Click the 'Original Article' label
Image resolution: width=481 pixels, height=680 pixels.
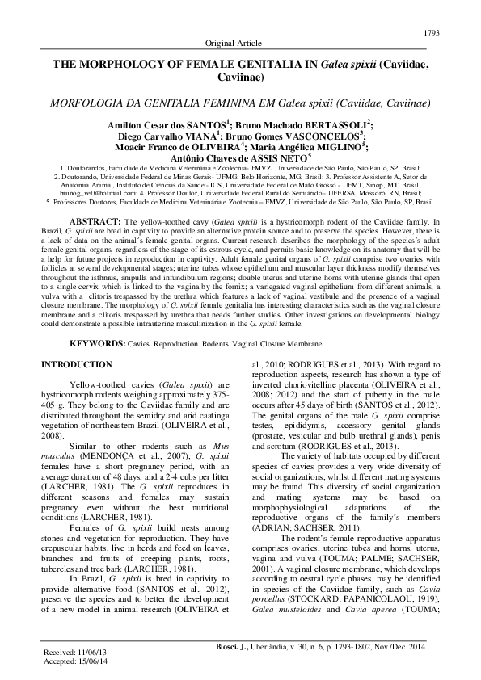[x=240, y=42]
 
